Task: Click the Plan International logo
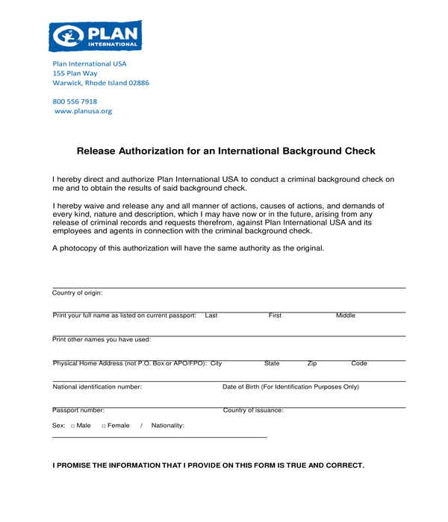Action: [95, 36]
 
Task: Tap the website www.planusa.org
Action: [84, 111]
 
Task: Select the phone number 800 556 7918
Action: [75, 101]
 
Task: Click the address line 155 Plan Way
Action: [75, 73]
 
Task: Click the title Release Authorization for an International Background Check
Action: [225, 151]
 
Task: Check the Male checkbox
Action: [73, 426]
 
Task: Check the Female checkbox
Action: [104, 426]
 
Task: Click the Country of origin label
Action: [78, 293]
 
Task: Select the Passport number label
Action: [78, 410]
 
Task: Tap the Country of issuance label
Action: [253, 410]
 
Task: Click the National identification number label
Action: [97, 387]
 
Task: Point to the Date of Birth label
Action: [290, 387]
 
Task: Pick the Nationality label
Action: [167, 426]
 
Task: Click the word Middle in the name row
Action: [346, 315]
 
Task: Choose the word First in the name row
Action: [275, 315]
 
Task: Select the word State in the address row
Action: [272, 364]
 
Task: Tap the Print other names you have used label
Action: [102, 339]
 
